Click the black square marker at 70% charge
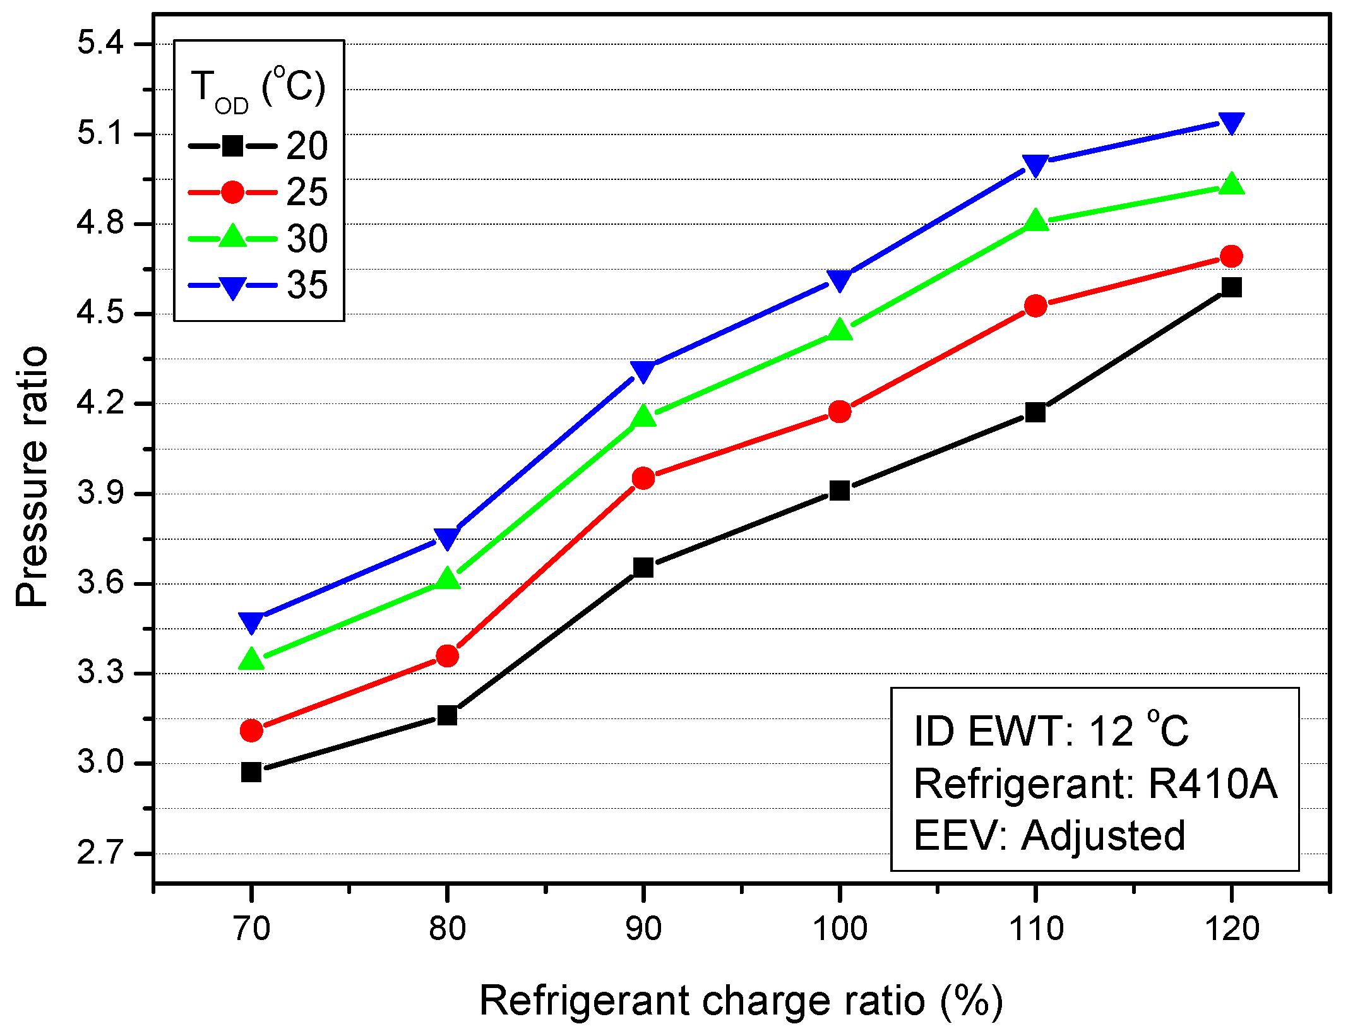coord(251,772)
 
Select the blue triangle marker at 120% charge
coord(1231,123)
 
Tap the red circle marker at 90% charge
coord(643,478)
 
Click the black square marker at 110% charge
coord(1035,413)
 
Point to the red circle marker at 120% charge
coord(1231,256)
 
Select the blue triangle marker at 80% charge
coord(447,537)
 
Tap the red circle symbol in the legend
coord(232,192)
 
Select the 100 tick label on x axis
coord(840,929)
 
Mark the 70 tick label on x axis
coord(251,929)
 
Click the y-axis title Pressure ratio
coord(32,477)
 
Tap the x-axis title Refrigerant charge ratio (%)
coord(741,1001)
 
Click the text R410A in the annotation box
coord(1212,784)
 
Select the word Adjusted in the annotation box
coord(1103,836)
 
